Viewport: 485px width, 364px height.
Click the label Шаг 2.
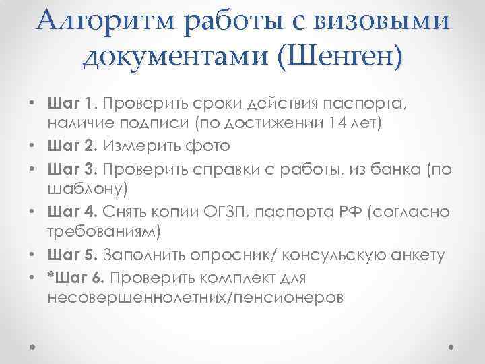(x=73, y=146)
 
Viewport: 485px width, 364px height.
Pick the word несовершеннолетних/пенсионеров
(x=196, y=297)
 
